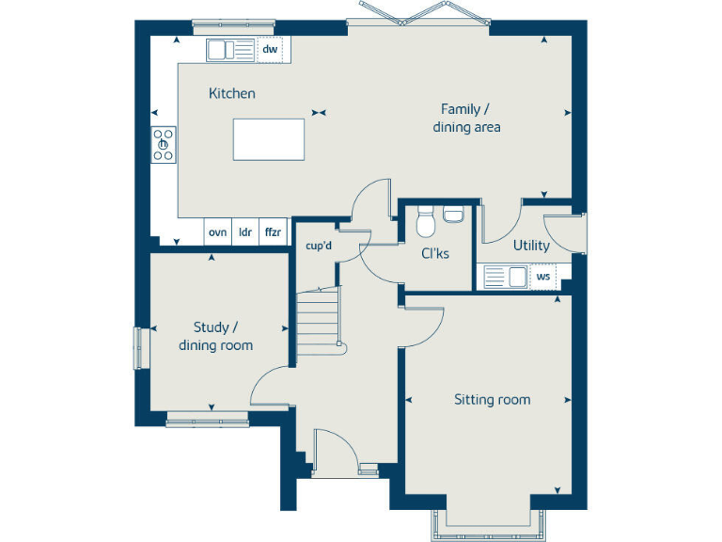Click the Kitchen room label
[231, 93]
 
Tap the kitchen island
[270, 139]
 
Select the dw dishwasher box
[271, 49]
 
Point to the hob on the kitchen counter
[164, 144]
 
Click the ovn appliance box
[217, 231]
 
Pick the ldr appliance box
[245, 231]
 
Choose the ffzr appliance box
[273, 231]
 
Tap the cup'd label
[319, 247]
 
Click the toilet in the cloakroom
[424, 224]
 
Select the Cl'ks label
[435, 253]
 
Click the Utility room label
[531, 246]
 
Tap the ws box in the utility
[543, 277]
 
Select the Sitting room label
[492, 400]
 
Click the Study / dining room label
[216, 336]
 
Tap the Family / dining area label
[466, 118]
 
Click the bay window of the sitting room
[486, 527]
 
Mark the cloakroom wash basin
[453, 215]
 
